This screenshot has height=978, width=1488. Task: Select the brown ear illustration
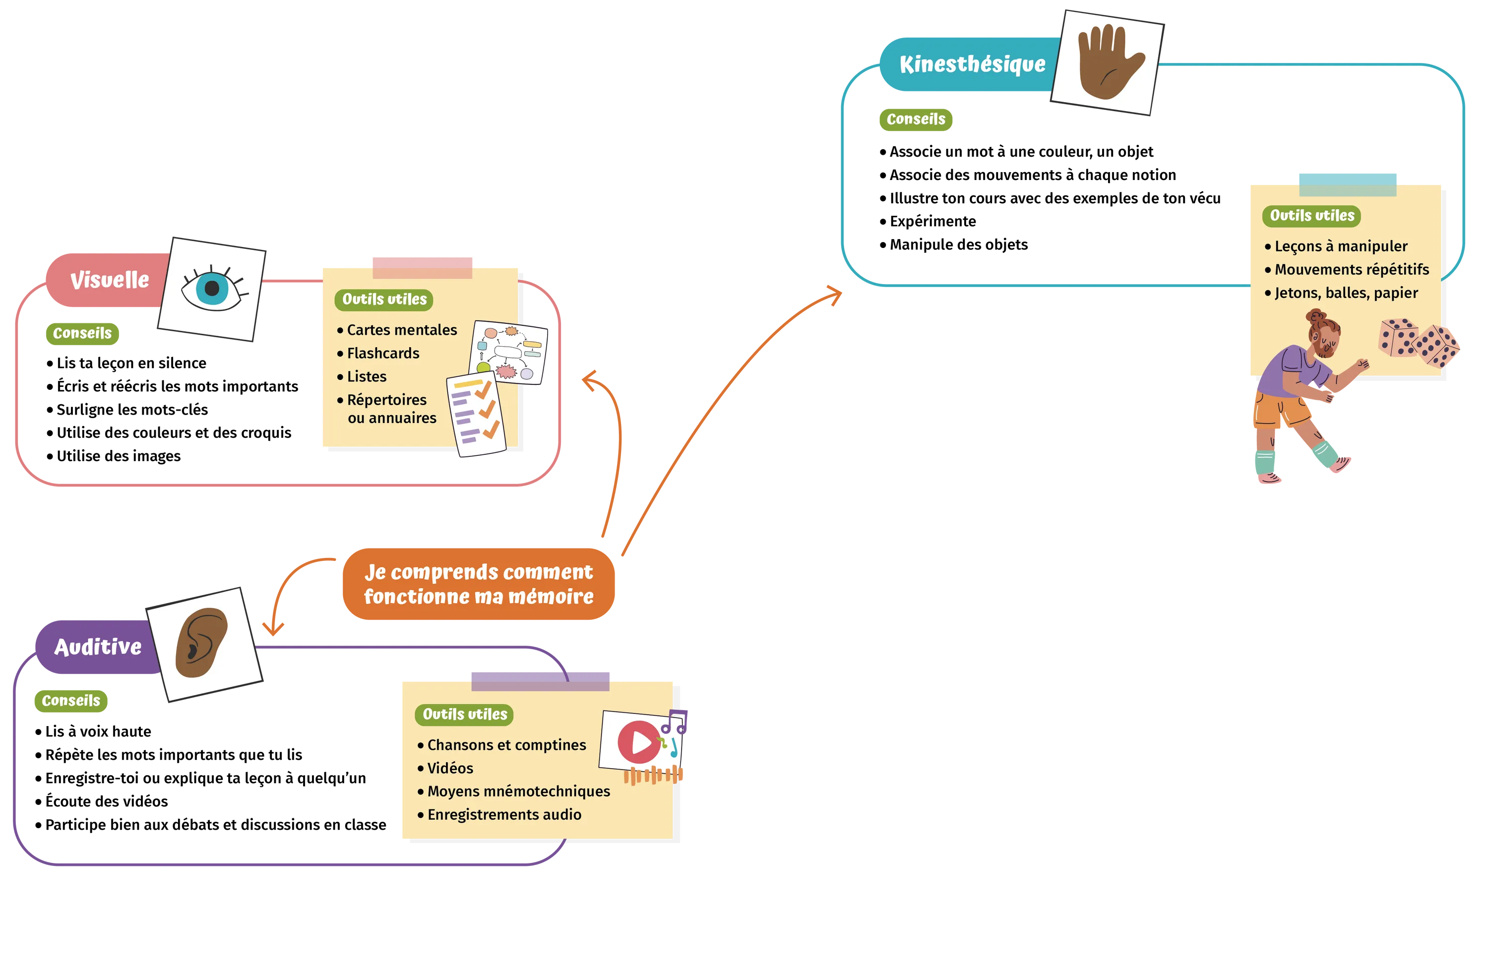[201, 643]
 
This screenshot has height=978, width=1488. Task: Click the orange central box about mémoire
[478, 584]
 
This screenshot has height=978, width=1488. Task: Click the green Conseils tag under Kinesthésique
[916, 120]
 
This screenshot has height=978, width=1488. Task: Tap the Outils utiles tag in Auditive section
[465, 715]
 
